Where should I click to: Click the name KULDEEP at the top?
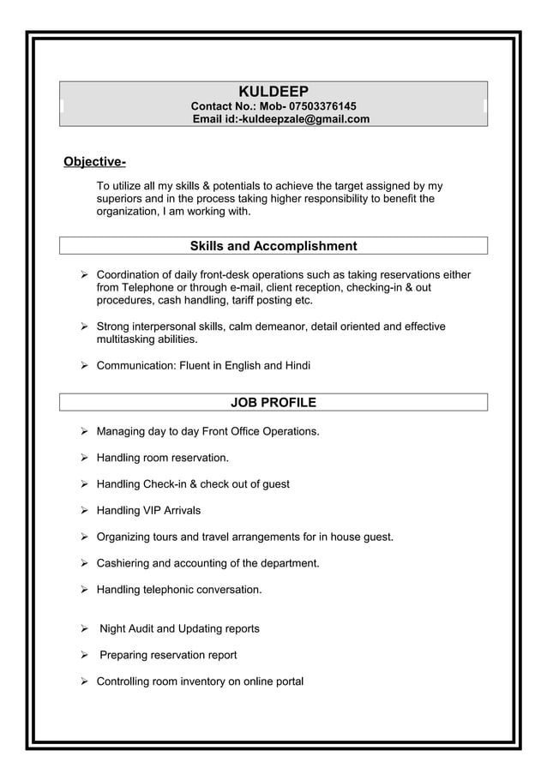[273, 92]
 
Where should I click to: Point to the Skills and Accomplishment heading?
[273, 247]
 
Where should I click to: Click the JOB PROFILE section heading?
[273, 402]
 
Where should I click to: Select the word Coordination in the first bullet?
[131, 274]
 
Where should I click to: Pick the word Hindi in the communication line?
[297, 366]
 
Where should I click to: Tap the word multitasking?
[129, 339]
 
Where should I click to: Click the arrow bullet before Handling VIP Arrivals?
[85, 511]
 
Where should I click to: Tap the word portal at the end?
[286, 682]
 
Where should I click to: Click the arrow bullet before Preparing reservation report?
[85, 656]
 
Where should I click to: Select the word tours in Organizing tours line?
[174, 537]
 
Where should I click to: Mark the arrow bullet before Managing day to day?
[85, 431]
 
